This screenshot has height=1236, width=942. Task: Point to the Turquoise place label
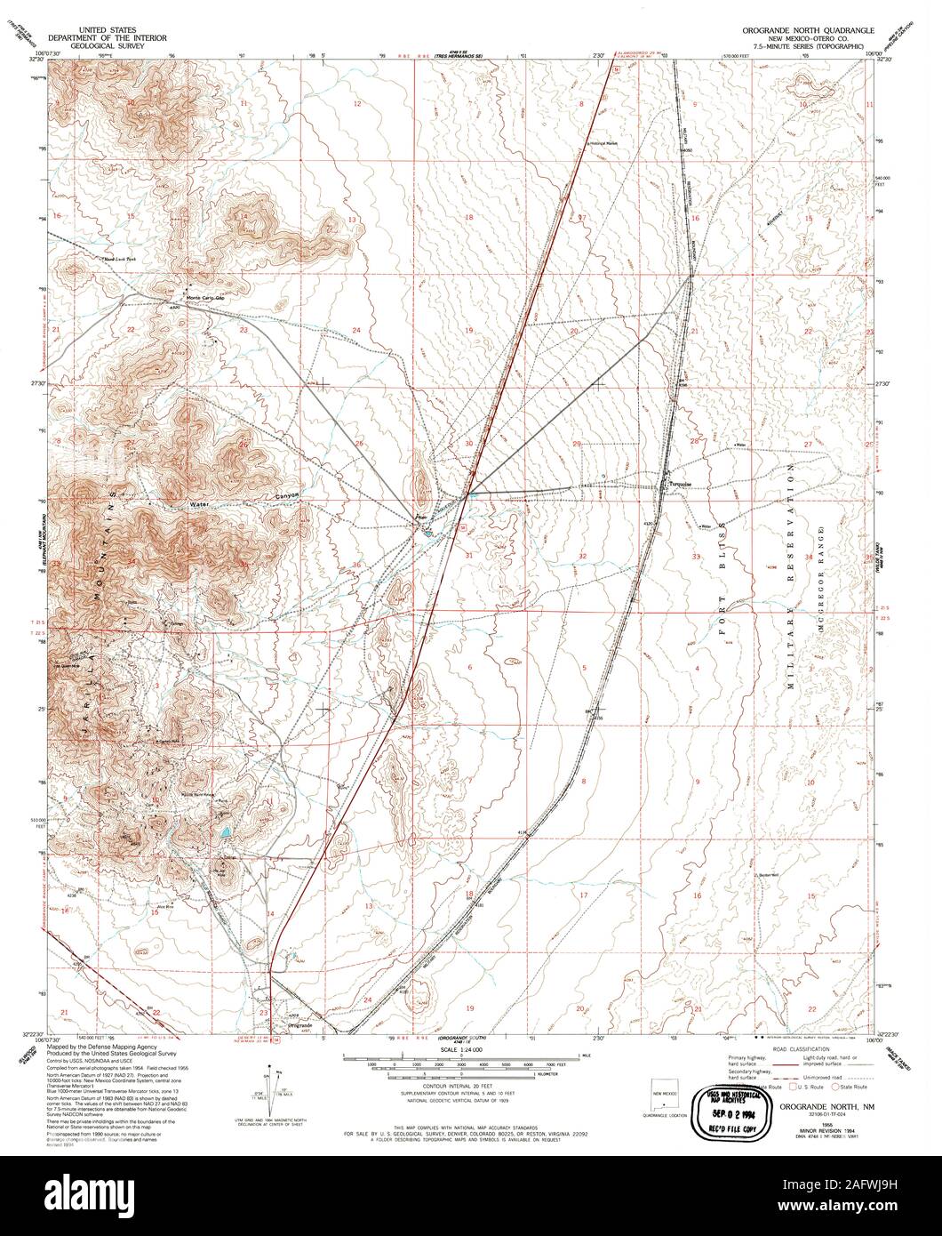pyautogui.click(x=683, y=485)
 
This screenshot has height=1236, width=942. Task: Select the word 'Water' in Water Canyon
pyautogui.click(x=199, y=503)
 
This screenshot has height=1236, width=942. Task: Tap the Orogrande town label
pyautogui.click(x=300, y=1025)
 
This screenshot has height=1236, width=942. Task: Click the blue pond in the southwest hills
pyautogui.click(x=226, y=832)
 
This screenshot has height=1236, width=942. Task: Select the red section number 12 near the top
pyautogui.click(x=357, y=104)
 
